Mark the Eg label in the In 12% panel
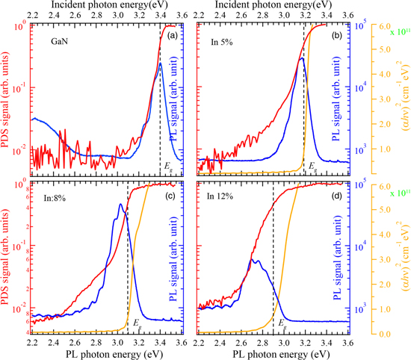click(x=282, y=323)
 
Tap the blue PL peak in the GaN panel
click(x=160, y=63)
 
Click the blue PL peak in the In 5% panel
click(x=301, y=58)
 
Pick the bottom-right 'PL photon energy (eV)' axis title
click(x=273, y=353)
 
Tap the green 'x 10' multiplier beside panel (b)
click(x=396, y=31)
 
